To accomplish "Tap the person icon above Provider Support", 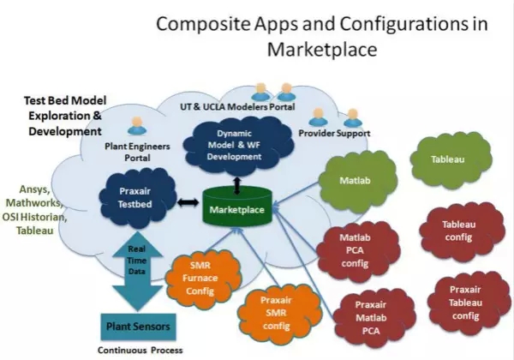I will point(318,116).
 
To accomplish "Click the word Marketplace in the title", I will point(321,50).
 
